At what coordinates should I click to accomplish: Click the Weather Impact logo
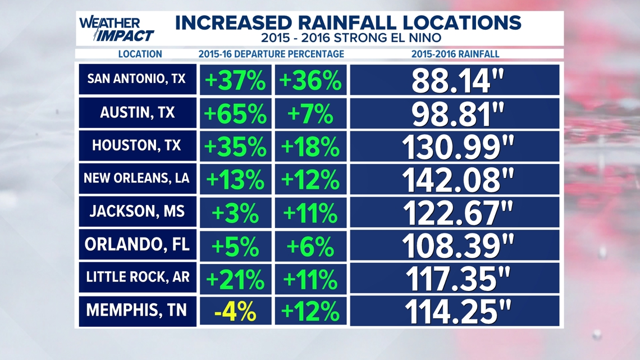click(116, 29)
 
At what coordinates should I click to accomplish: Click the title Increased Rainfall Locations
click(348, 23)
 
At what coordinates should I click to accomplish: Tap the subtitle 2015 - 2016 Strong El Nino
click(351, 38)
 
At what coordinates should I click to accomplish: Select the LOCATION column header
click(140, 54)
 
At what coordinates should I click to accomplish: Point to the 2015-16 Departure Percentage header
click(271, 54)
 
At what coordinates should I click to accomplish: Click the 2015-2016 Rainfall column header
click(455, 54)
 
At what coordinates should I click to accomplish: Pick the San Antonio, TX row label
click(137, 79)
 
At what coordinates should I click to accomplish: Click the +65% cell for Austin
click(236, 113)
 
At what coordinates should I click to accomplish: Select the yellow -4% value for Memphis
click(236, 312)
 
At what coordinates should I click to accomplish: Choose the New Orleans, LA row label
click(137, 179)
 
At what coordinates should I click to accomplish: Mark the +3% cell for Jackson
click(236, 213)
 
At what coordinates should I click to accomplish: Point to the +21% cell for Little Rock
click(236, 279)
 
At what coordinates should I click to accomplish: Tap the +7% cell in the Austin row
click(310, 113)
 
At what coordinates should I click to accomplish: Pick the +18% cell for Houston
click(310, 147)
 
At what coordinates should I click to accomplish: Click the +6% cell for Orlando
click(310, 246)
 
